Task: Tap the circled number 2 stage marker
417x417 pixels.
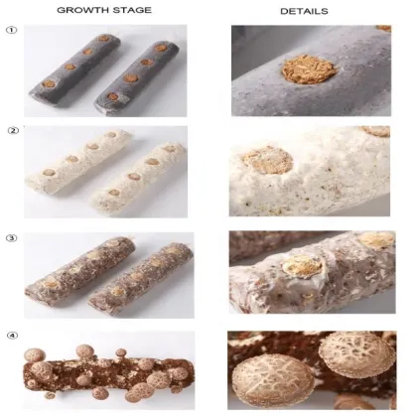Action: (x=12, y=131)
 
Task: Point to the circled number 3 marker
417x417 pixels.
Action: (x=12, y=235)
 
